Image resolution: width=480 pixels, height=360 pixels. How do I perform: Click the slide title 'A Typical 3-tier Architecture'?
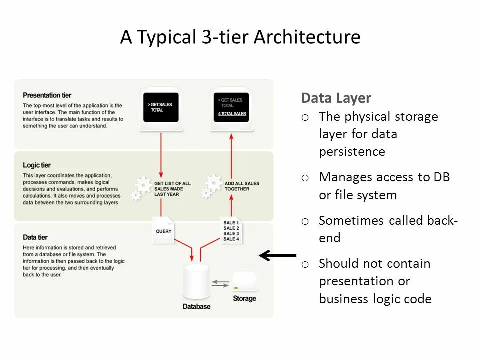point(240,37)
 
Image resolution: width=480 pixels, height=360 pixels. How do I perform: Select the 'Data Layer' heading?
point(336,98)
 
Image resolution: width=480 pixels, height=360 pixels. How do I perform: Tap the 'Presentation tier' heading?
point(47,95)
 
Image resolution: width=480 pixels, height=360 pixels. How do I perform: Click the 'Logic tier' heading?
point(37,165)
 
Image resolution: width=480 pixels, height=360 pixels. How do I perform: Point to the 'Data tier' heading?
point(35,237)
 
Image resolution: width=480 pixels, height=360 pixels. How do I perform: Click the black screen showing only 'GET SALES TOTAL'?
point(161,107)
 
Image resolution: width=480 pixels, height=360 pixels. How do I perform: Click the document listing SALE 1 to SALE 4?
point(231,231)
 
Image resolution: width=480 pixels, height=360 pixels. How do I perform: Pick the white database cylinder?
point(196,281)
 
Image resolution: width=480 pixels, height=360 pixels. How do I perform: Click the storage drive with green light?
point(244,282)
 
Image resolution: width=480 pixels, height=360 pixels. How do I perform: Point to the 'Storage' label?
point(244,299)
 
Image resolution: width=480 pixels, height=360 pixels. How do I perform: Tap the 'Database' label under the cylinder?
point(196,306)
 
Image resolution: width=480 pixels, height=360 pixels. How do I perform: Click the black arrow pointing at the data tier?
point(277,256)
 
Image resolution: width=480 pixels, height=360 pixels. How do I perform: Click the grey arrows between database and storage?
point(220,283)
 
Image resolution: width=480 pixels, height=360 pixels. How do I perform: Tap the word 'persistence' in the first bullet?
point(352,152)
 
